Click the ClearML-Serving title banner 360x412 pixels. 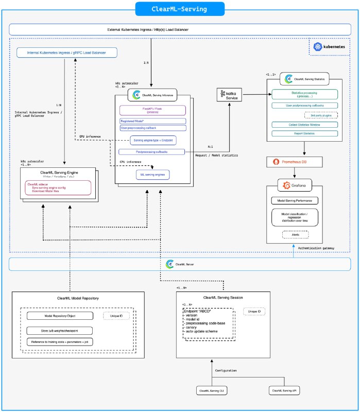(180, 9)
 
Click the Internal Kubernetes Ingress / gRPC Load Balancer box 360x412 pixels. (66, 52)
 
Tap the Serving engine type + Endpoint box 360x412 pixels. (153, 140)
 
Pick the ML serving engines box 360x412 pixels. (153, 175)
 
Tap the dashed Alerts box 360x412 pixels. (295, 234)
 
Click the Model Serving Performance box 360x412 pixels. (295, 200)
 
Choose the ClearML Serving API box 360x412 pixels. (285, 391)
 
